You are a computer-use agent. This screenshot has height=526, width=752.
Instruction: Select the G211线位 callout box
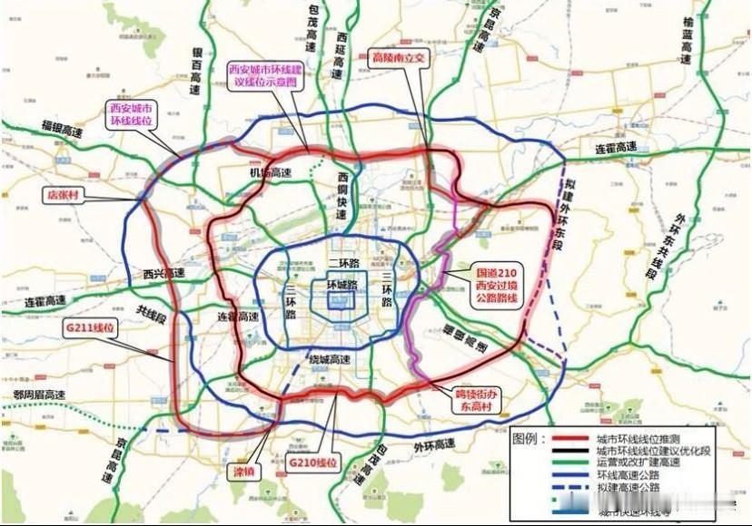pyautogui.click(x=92, y=326)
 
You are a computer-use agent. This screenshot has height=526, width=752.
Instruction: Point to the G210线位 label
pyautogui.click(x=313, y=463)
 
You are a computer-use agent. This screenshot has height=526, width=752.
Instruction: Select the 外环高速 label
pyautogui.click(x=433, y=444)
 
